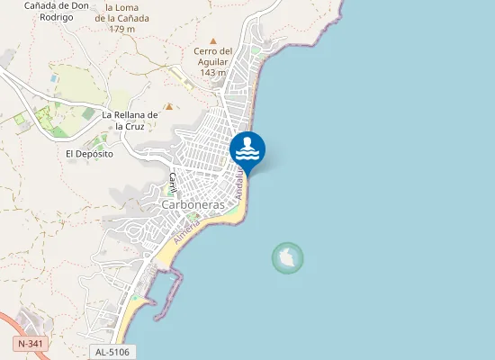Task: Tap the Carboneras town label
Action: pos(193,205)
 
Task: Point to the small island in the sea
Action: pos(287,258)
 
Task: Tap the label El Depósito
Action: pos(89,154)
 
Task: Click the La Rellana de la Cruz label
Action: pos(130,121)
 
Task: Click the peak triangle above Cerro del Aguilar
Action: pos(213,40)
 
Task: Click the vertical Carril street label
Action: pos(171,183)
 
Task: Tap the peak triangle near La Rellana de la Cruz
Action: pos(167,106)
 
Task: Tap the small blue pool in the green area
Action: pos(55,78)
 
